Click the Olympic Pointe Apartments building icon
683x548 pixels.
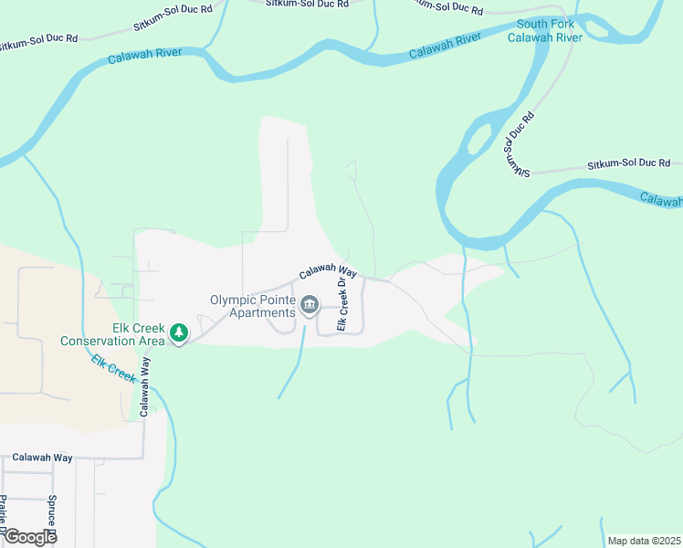(x=310, y=305)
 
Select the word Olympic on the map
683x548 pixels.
(x=233, y=300)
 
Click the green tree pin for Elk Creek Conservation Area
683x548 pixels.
(x=180, y=332)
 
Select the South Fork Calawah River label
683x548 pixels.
(x=545, y=30)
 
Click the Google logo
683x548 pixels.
(x=30, y=537)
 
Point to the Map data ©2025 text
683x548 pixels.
(x=644, y=541)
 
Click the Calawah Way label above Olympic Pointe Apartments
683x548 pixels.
(x=327, y=271)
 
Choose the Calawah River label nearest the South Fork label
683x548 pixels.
(x=445, y=46)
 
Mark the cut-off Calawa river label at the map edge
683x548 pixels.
(x=661, y=198)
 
